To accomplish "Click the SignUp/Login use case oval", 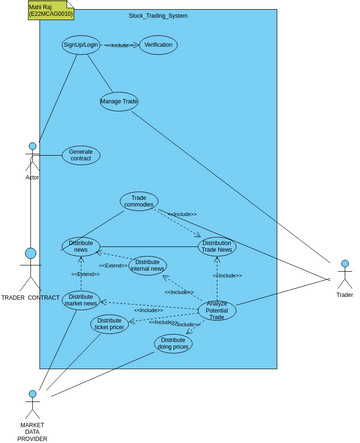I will pos(81,46).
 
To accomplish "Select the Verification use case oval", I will pos(158,45).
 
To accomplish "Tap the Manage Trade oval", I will pos(119,101).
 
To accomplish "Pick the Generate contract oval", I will pos(81,155).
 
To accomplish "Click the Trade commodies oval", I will pos(139,201).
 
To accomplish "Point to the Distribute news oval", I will pos(81,246).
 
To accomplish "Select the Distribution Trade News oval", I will pos(217,246).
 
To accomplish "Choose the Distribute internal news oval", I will pos(148,265).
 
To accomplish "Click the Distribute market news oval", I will pos(81,300).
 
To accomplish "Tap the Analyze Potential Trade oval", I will pos(217,310).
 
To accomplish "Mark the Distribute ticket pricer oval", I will pos(110,323).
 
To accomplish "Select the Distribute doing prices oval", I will pos(173,343).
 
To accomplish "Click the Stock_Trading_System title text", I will pos(158,17).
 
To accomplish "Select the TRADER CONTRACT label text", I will pos(30,298).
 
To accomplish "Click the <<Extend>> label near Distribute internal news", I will pos(112,265).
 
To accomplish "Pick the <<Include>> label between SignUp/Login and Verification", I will pos(120,45).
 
